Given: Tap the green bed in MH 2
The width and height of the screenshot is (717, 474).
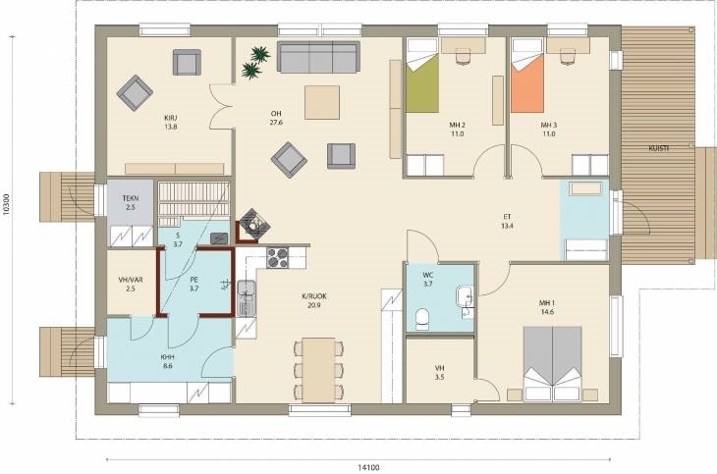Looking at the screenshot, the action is pos(422,76).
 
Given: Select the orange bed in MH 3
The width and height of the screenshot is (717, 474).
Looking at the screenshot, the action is pos(527,76).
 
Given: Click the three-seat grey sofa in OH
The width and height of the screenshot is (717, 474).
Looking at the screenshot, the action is pos(318,57).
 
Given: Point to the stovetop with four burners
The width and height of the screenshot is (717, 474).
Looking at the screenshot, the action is pos(278,257).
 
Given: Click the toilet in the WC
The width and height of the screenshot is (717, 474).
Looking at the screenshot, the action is pos(422,319).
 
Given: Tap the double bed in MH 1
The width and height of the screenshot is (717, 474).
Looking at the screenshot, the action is pos(552,363).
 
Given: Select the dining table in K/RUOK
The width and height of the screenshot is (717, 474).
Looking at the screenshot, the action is pos(318,370).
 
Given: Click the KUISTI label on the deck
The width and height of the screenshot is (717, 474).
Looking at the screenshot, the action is pos(659,148).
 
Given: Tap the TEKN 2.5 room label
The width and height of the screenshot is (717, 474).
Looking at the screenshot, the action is pos(131,203).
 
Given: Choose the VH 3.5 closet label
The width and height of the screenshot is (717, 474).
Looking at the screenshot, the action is pos(440,373).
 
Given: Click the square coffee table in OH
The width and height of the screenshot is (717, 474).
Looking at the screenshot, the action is pos(322,102).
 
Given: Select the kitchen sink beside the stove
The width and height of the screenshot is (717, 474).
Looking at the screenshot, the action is pos(247,297).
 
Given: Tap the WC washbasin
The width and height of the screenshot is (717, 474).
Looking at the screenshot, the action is pos(465,296).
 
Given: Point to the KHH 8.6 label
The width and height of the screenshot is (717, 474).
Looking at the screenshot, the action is pos(167,361).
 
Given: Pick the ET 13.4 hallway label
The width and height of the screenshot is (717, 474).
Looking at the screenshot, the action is pos(507,221).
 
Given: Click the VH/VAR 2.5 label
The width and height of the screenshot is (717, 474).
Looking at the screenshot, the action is pos(131,284).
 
